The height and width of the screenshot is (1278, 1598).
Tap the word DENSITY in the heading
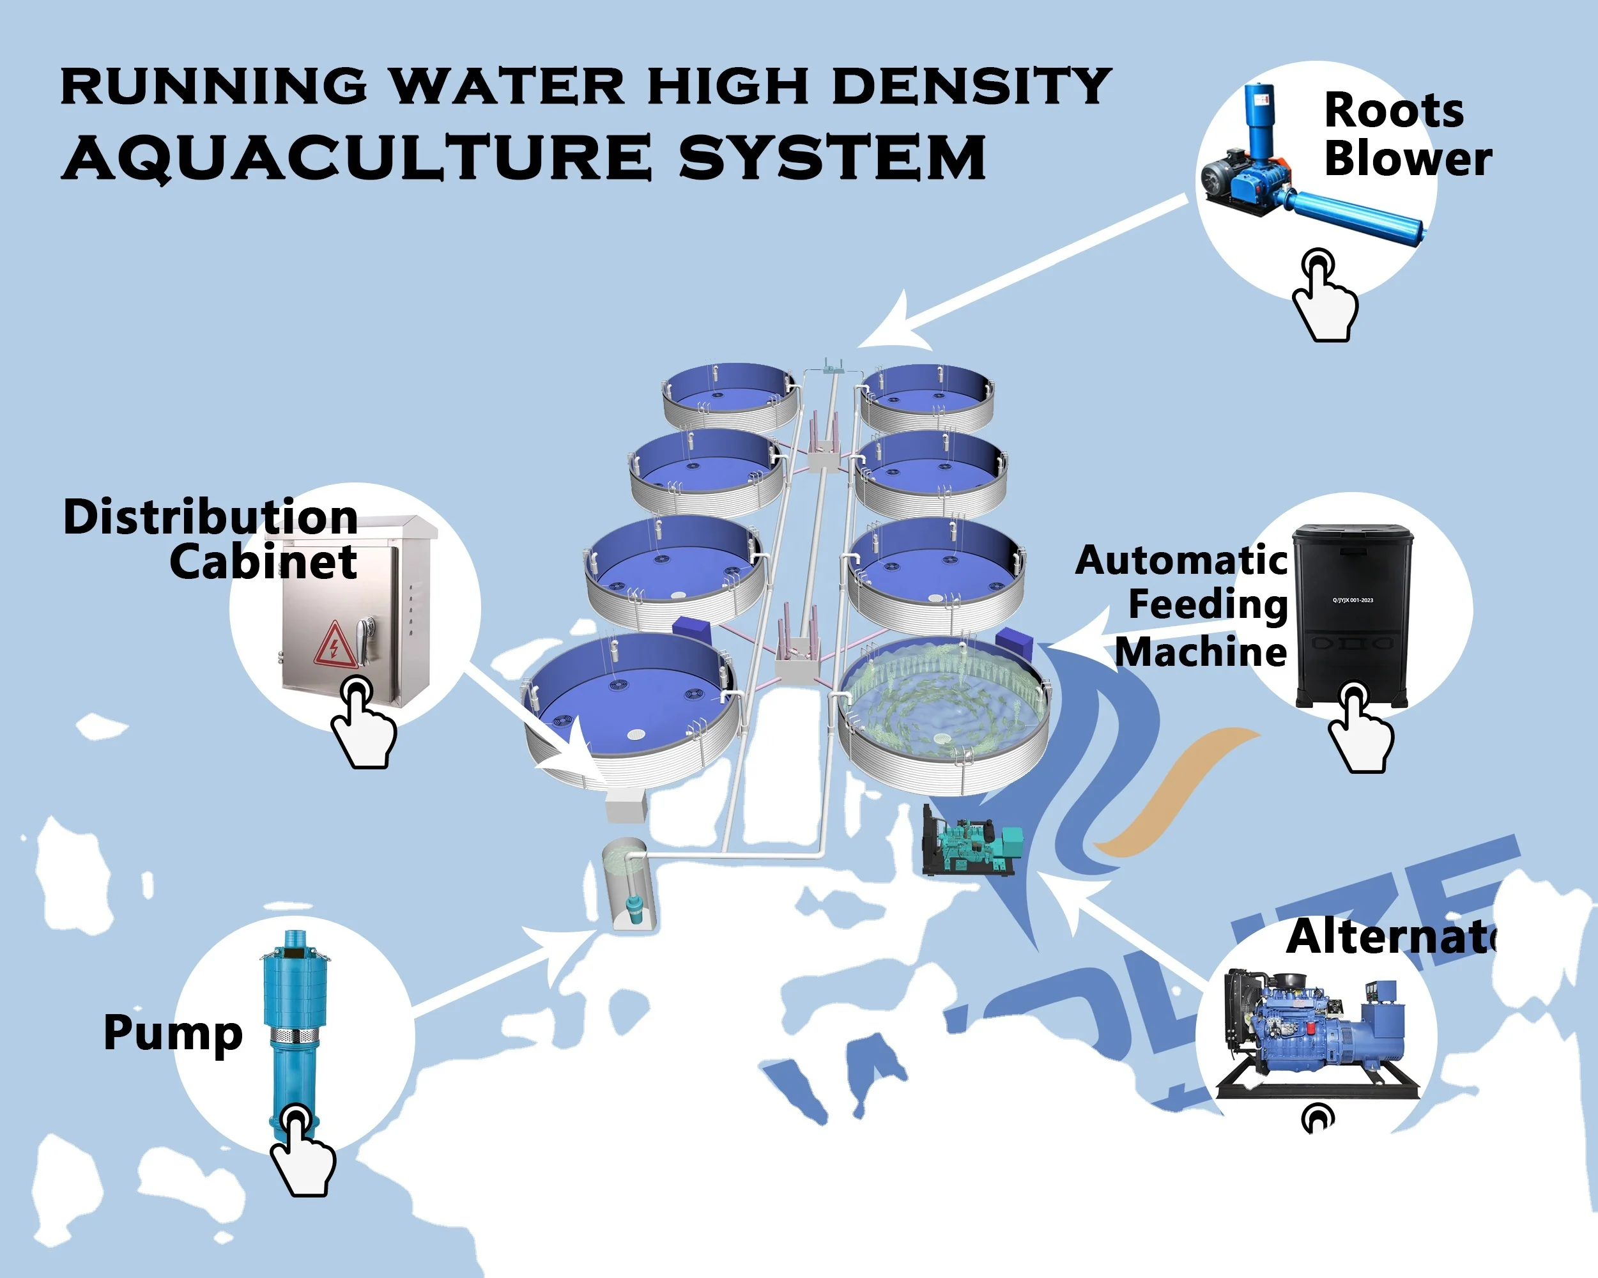pyautogui.click(x=971, y=87)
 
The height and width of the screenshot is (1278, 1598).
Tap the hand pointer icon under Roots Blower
pyautogui.click(x=1325, y=296)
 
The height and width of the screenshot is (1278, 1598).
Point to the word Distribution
pyautogui.click(x=210, y=517)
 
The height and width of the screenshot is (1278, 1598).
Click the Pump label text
pyautogui.click(x=173, y=1032)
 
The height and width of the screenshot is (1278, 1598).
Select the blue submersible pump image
pyautogui.click(x=292, y=1023)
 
